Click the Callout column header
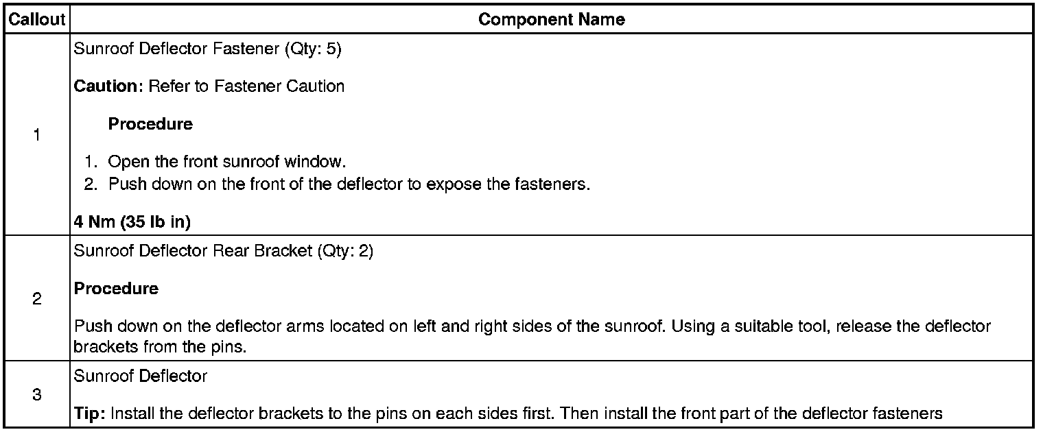[36, 19]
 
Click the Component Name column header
[551, 19]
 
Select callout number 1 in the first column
[36, 135]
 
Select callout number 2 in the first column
[36, 299]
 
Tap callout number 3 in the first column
[36, 395]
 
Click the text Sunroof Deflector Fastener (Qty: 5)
[207, 51]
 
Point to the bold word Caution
[105, 86]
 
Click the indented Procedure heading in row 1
[150, 124]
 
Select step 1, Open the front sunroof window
[226, 163]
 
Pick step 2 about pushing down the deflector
[349, 184]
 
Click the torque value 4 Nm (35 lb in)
[132, 223]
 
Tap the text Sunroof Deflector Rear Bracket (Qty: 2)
[223, 251]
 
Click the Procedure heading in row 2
[116, 289]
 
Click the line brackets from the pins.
[159, 347]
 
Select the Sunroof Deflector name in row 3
[140, 376]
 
